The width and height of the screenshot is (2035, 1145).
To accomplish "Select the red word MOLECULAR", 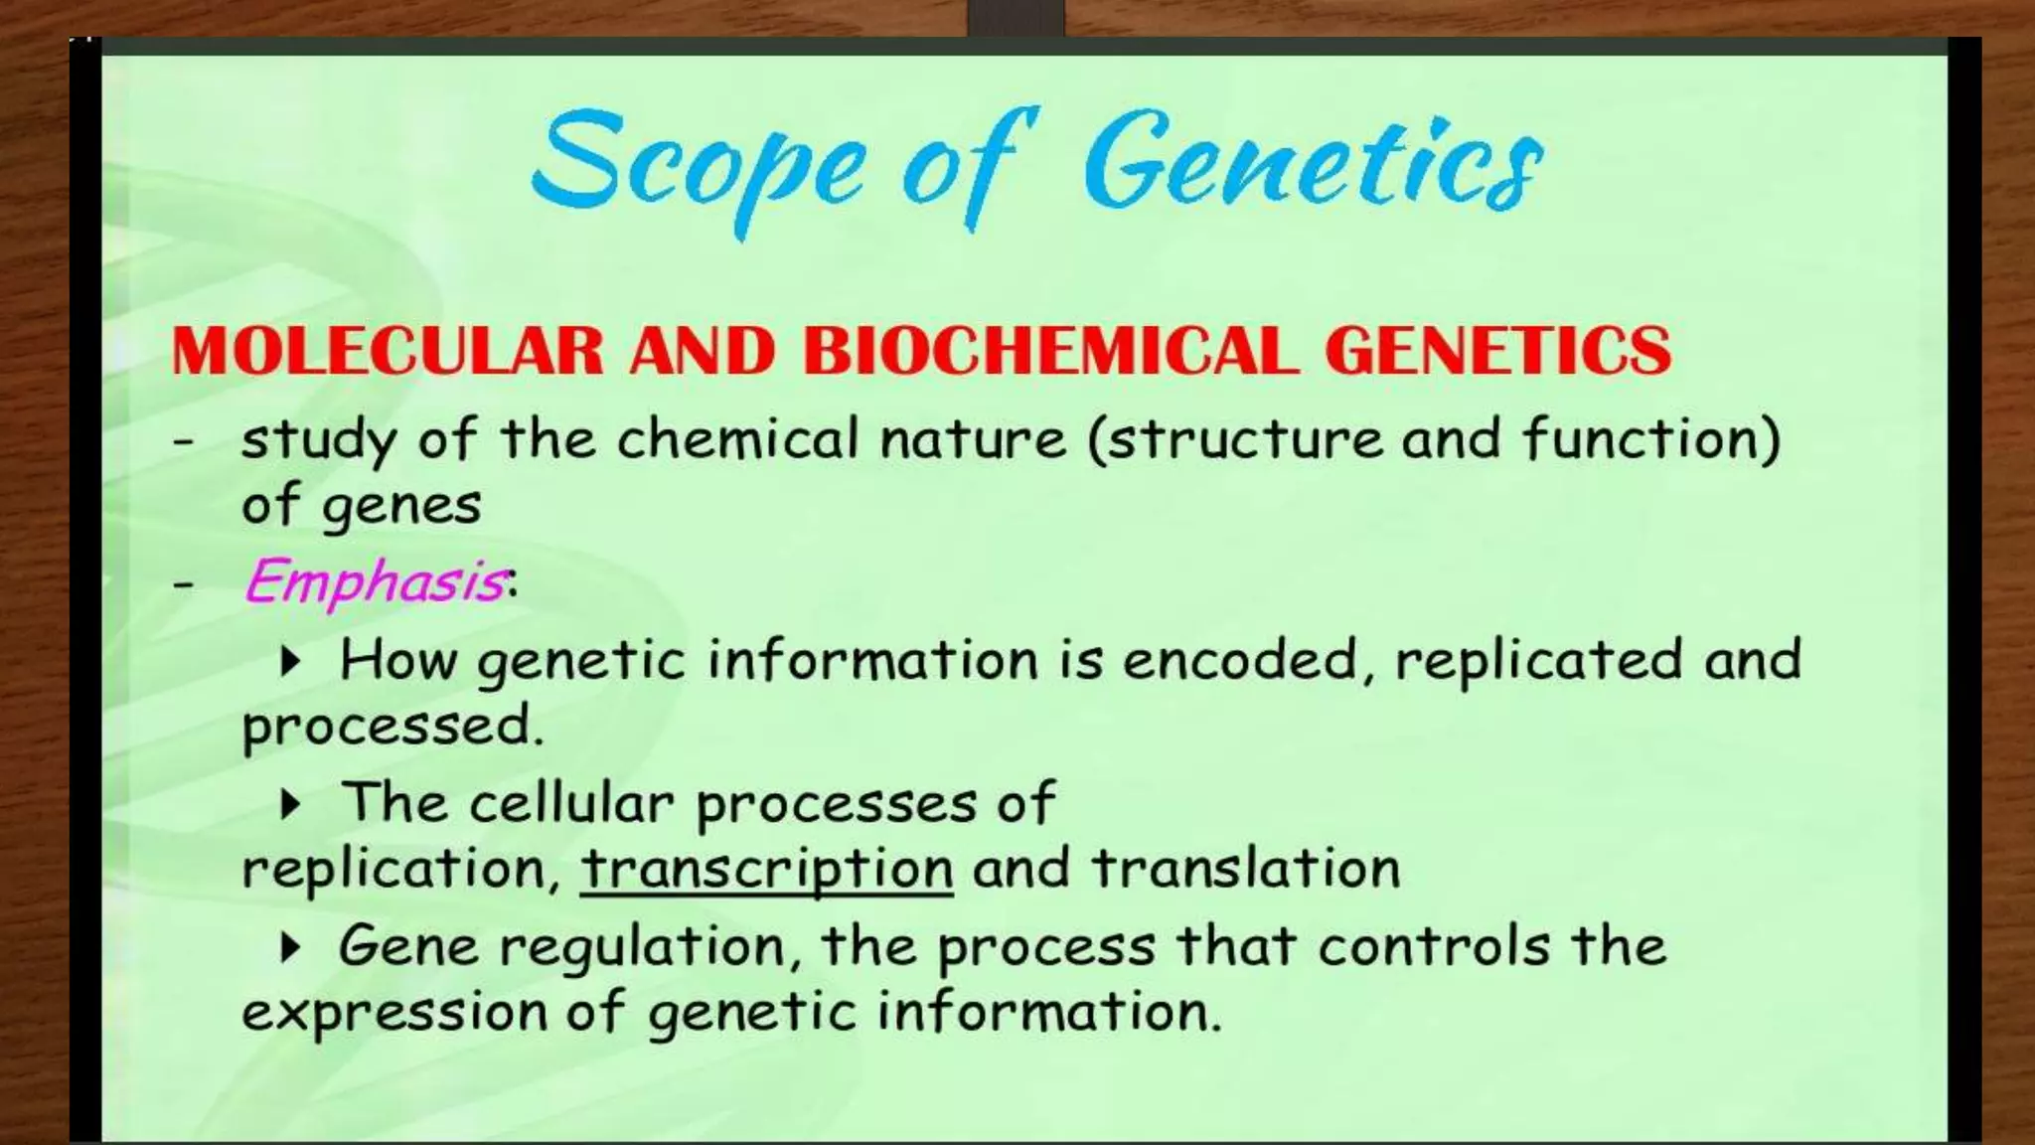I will [388, 351].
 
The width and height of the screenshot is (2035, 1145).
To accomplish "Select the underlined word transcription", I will [766, 869].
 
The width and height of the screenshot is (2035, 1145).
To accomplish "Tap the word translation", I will [1246, 868].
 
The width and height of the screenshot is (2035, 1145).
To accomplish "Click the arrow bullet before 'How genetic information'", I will [290, 661].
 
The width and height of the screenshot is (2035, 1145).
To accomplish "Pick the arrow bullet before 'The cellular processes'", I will [290, 803].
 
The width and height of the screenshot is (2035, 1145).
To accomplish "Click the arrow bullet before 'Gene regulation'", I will [290, 947].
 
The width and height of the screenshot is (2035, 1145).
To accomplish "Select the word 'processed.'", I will [393, 727].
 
